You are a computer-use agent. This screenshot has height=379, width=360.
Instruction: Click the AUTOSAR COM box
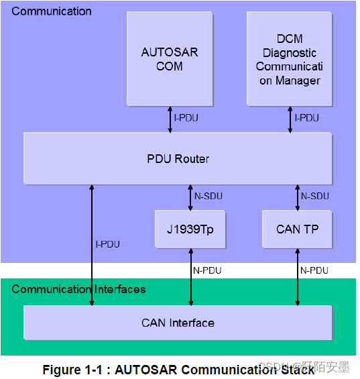point(170,59)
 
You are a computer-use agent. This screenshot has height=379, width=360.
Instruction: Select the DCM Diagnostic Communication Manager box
point(289,59)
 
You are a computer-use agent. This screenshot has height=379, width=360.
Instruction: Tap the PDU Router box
point(178,159)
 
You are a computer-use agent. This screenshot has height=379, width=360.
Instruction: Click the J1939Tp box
point(190,229)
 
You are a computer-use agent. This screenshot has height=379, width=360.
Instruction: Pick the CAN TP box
point(297,229)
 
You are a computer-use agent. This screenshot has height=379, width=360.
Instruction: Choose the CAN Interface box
point(178,323)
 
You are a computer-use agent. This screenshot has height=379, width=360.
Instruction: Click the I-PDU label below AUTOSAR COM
point(186,118)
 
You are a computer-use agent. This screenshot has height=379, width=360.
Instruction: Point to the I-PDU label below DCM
point(307,118)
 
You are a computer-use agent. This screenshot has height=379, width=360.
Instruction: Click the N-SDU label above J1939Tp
point(208,197)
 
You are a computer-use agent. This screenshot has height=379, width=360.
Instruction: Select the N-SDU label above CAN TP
point(314,197)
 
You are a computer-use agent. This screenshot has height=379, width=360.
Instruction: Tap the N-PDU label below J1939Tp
point(208,270)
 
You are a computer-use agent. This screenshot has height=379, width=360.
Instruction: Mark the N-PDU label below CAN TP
point(314,270)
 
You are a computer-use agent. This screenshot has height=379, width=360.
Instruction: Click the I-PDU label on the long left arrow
point(107,244)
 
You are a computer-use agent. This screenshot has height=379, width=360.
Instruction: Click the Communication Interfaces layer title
point(78,290)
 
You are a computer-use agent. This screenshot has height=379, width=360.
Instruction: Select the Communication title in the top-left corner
point(52,11)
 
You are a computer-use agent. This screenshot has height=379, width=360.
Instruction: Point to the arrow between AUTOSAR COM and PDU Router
point(170,119)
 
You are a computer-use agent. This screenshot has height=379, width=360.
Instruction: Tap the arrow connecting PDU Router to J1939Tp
point(191,197)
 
